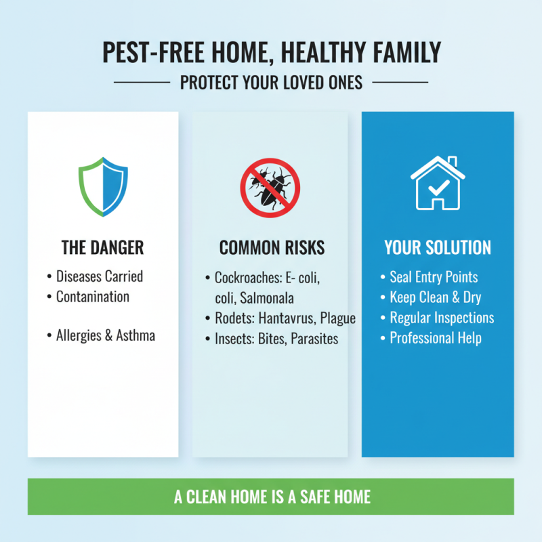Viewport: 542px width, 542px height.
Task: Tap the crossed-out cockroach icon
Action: click(x=270, y=187)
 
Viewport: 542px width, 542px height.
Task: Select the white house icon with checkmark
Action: click(x=438, y=183)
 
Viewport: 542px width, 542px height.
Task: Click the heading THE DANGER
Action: click(x=103, y=248)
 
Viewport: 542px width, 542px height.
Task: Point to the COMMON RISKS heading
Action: click(x=272, y=248)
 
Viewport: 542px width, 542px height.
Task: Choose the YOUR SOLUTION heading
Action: click(x=438, y=248)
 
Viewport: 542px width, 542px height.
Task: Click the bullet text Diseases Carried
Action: click(x=100, y=276)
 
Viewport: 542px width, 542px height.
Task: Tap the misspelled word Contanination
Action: click(x=93, y=297)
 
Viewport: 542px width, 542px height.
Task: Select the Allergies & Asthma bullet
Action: click(x=105, y=335)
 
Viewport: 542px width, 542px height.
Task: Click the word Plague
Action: click(x=338, y=318)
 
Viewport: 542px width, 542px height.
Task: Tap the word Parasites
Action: click(x=314, y=339)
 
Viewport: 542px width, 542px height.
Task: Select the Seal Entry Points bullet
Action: click(x=434, y=277)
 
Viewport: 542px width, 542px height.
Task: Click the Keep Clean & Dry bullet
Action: click(x=436, y=297)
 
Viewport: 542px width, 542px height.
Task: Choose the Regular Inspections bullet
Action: click(x=442, y=318)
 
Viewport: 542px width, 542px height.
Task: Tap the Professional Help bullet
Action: click(x=436, y=338)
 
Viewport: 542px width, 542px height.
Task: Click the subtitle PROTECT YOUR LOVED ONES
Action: click(x=271, y=83)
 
